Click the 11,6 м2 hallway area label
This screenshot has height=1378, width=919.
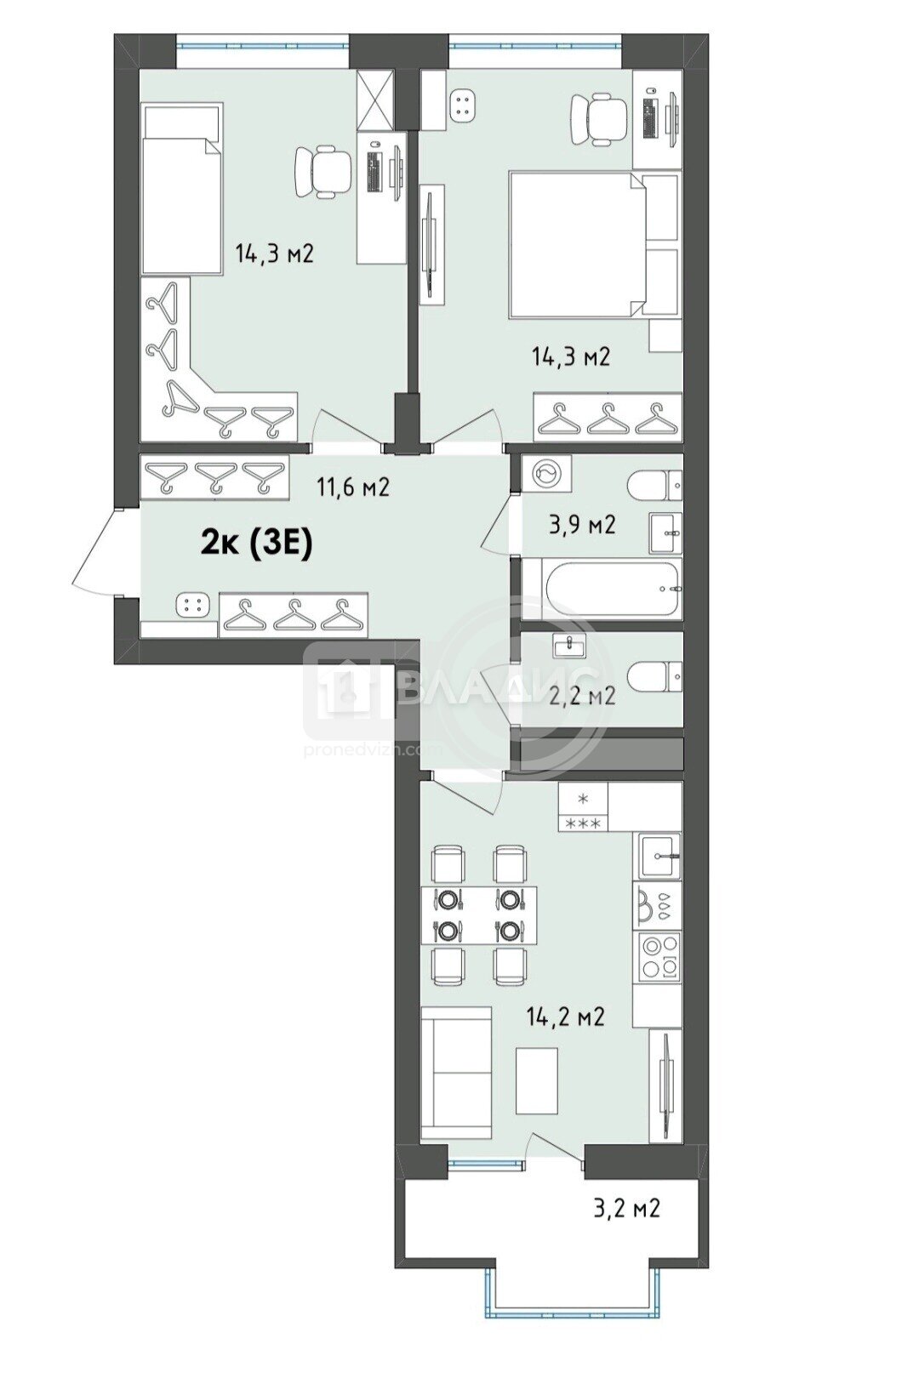(352, 487)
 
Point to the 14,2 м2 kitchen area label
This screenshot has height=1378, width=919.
(565, 1016)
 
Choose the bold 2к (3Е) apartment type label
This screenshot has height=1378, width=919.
(257, 545)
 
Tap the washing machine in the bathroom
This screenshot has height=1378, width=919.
(546, 473)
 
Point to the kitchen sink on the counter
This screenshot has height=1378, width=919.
(658, 856)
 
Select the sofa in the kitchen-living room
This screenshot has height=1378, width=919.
(456, 1088)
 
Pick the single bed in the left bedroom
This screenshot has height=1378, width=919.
(181, 189)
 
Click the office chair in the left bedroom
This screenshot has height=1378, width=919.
(322, 172)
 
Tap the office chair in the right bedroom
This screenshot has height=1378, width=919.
(599, 120)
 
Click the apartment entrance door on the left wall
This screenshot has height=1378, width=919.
(100, 551)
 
